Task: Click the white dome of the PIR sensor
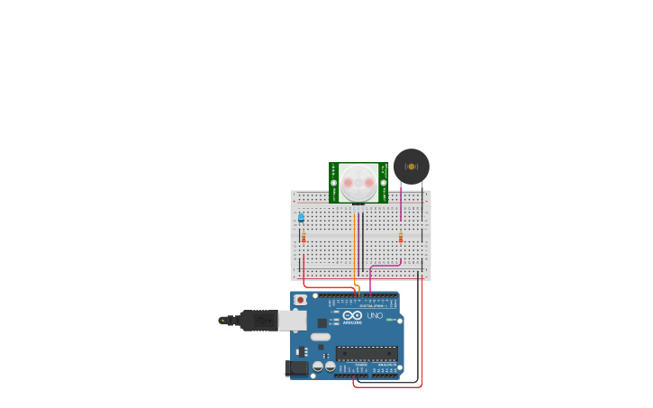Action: pos(358,182)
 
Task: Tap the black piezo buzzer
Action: pos(412,167)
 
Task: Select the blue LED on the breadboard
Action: pos(301,217)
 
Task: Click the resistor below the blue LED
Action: pos(304,238)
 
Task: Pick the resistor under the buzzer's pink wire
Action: pos(401,238)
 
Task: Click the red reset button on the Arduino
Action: pos(300,300)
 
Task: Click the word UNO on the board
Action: pos(374,315)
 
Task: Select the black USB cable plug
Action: pos(258,320)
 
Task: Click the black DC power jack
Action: pos(295,368)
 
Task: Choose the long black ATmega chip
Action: pos(367,353)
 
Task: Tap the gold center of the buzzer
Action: pos(412,167)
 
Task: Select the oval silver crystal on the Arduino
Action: pos(321,337)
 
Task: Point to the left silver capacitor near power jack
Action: pos(317,367)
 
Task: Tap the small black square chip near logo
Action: pos(322,322)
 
